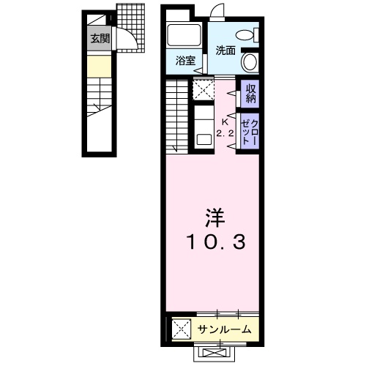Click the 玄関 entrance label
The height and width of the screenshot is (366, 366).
click(100, 39)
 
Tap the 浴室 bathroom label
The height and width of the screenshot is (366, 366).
click(185, 61)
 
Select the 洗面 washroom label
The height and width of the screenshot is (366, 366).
click(225, 51)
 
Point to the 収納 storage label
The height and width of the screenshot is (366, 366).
click(250, 94)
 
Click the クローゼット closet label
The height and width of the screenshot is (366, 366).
click(250, 132)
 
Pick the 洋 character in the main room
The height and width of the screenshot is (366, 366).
click(215, 218)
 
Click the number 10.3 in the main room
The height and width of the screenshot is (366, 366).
click(216, 242)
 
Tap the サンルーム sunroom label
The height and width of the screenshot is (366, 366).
click(224, 329)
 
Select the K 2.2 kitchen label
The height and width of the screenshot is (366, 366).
click(225, 127)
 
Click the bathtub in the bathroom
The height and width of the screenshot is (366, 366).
click(184, 35)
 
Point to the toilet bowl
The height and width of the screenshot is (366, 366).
click(245, 35)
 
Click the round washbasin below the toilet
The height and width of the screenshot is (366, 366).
click(250, 62)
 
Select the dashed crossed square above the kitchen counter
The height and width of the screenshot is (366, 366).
click(203, 89)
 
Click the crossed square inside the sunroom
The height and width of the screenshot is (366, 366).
click(181, 329)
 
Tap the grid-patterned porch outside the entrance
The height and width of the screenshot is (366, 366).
click(131, 28)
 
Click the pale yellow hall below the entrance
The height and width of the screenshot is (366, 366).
click(100, 67)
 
